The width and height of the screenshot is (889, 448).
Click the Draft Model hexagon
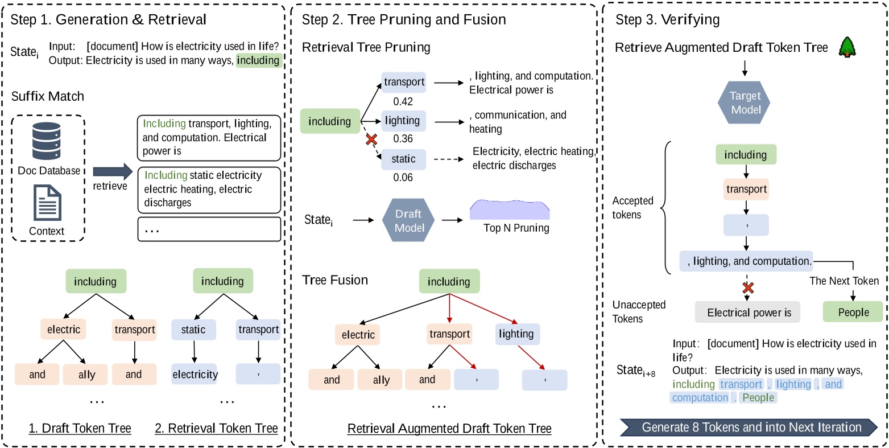point(408,219)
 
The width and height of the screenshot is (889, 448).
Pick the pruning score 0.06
point(403,178)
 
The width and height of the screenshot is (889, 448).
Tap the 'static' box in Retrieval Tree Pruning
point(403,159)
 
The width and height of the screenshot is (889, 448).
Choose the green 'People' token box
point(853,312)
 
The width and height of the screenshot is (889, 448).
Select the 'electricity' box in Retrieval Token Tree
point(195,374)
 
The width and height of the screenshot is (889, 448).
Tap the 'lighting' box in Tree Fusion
point(516,334)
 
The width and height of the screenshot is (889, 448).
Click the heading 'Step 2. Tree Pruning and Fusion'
point(404,20)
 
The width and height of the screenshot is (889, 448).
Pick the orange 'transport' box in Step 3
point(746,189)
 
